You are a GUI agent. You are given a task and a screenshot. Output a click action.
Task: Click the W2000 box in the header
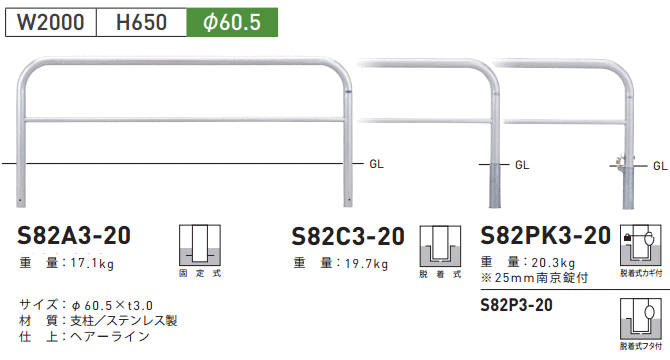(x=51, y=22)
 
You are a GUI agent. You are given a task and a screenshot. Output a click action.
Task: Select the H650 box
(x=141, y=22)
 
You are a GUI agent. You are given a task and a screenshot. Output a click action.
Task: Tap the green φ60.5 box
(x=232, y=22)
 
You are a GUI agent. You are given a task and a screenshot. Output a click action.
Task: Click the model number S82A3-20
(x=74, y=236)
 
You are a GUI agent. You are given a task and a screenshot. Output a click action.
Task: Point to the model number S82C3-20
(x=348, y=237)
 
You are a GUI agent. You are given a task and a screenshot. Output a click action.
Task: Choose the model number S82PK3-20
(x=545, y=236)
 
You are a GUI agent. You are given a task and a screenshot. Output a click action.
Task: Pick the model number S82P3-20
(x=516, y=305)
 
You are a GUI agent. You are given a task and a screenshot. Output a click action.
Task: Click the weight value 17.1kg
(x=92, y=263)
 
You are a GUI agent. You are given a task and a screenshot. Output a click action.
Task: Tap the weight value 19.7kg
(x=367, y=264)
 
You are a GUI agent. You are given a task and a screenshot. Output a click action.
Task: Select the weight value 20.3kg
(x=553, y=263)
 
